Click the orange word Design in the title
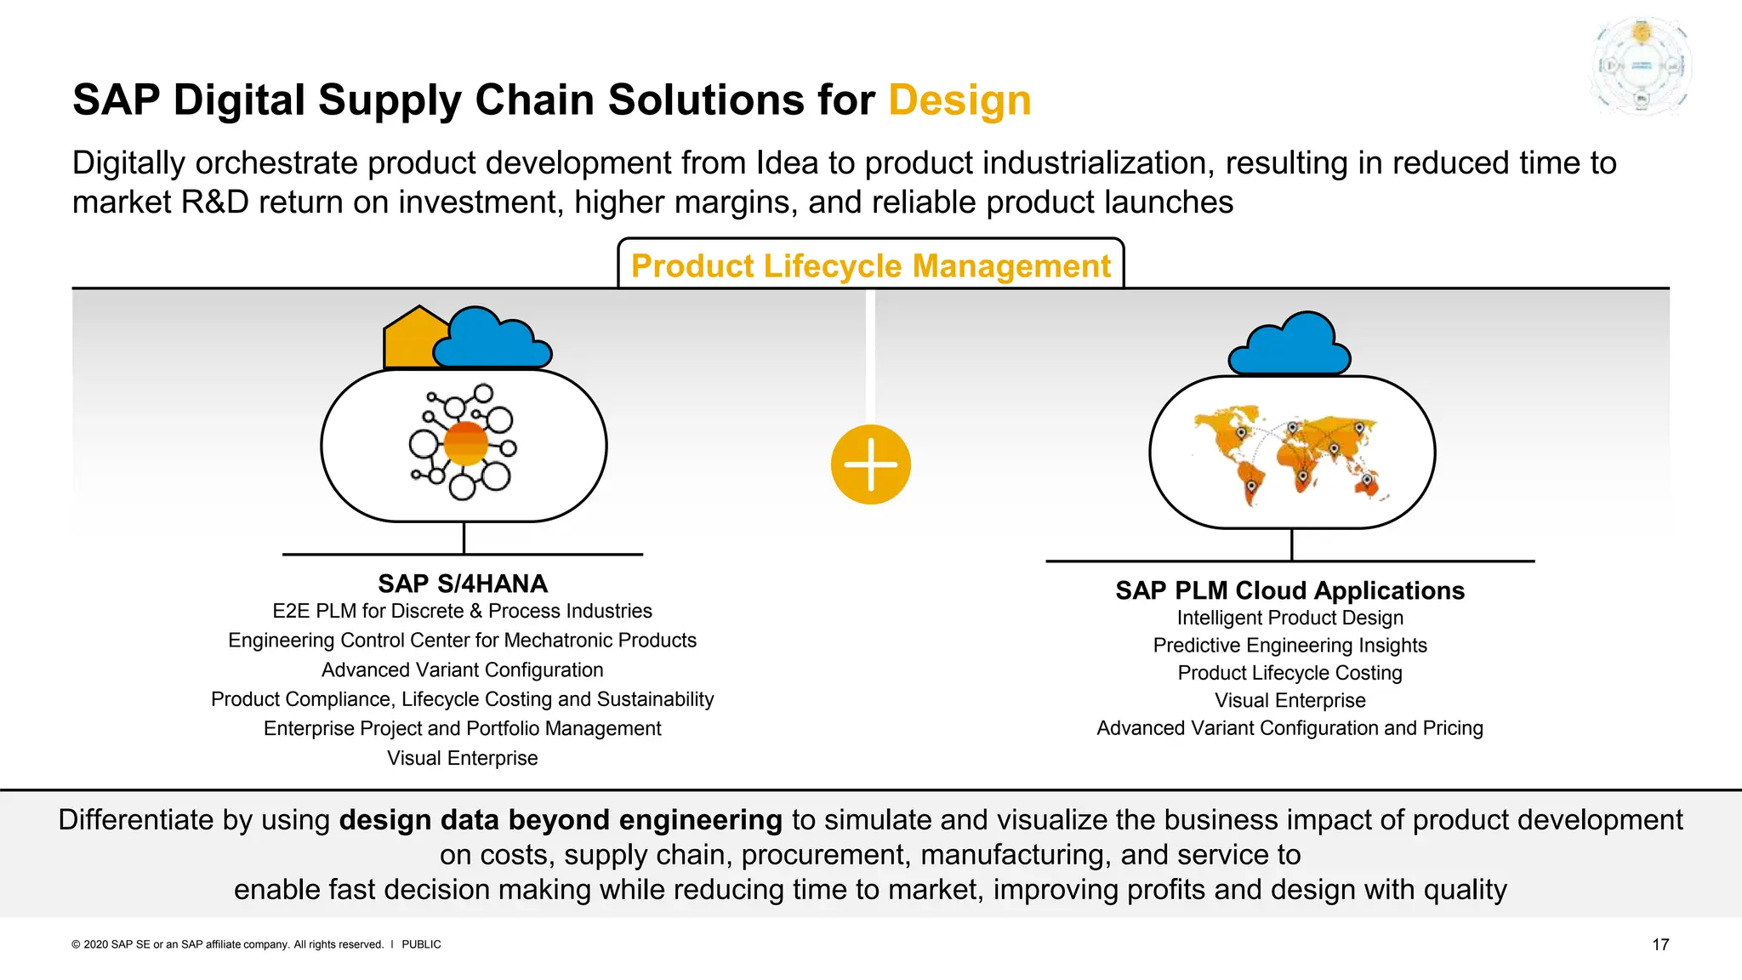[x=959, y=100]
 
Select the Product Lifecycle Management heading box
[x=870, y=265]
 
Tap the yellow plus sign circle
[x=870, y=464]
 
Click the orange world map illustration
[x=1291, y=455]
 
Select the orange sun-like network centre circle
[x=465, y=443]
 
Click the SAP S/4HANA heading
[x=463, y=584]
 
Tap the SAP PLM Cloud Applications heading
[x=1289, y=590]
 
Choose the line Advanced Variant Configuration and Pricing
[x=1289, y=728]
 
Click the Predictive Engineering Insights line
[x=1289, y=646]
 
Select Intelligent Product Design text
[x=1289, y=618]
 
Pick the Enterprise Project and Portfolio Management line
[x=462, y=729]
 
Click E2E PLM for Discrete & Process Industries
[x=462, y=611]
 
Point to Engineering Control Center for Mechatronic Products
[x=462, y=641]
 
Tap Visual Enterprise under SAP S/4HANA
[x=462, y=758]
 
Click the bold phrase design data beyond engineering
[x=560, y=820]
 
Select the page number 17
[x=1659, y=944]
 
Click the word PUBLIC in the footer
[x=421, y=944]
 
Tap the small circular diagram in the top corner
[x=1641, y=66]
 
